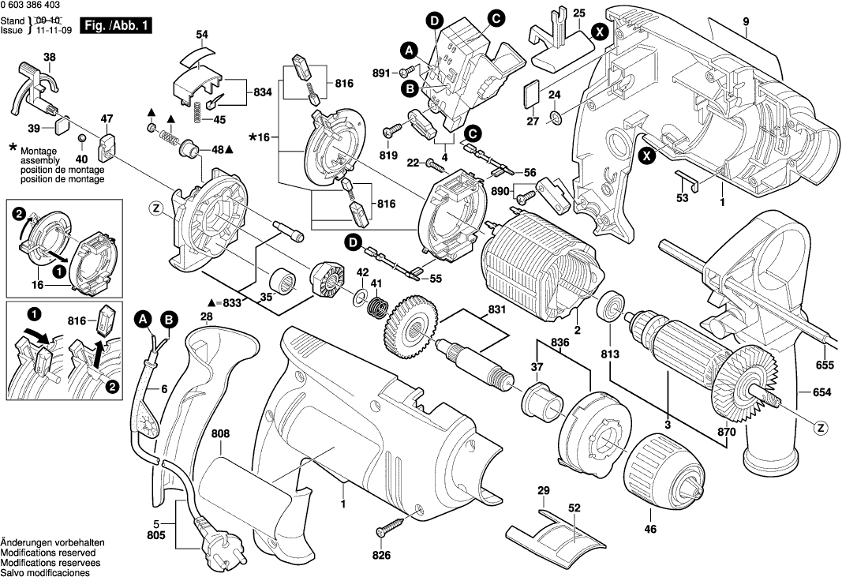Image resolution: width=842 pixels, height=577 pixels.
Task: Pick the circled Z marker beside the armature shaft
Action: coord(821,428)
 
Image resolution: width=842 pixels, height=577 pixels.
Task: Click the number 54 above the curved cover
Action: coord(202,35)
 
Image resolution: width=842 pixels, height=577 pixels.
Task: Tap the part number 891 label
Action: coord(382,73)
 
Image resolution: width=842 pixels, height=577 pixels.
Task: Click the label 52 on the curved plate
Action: coord(574,510)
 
